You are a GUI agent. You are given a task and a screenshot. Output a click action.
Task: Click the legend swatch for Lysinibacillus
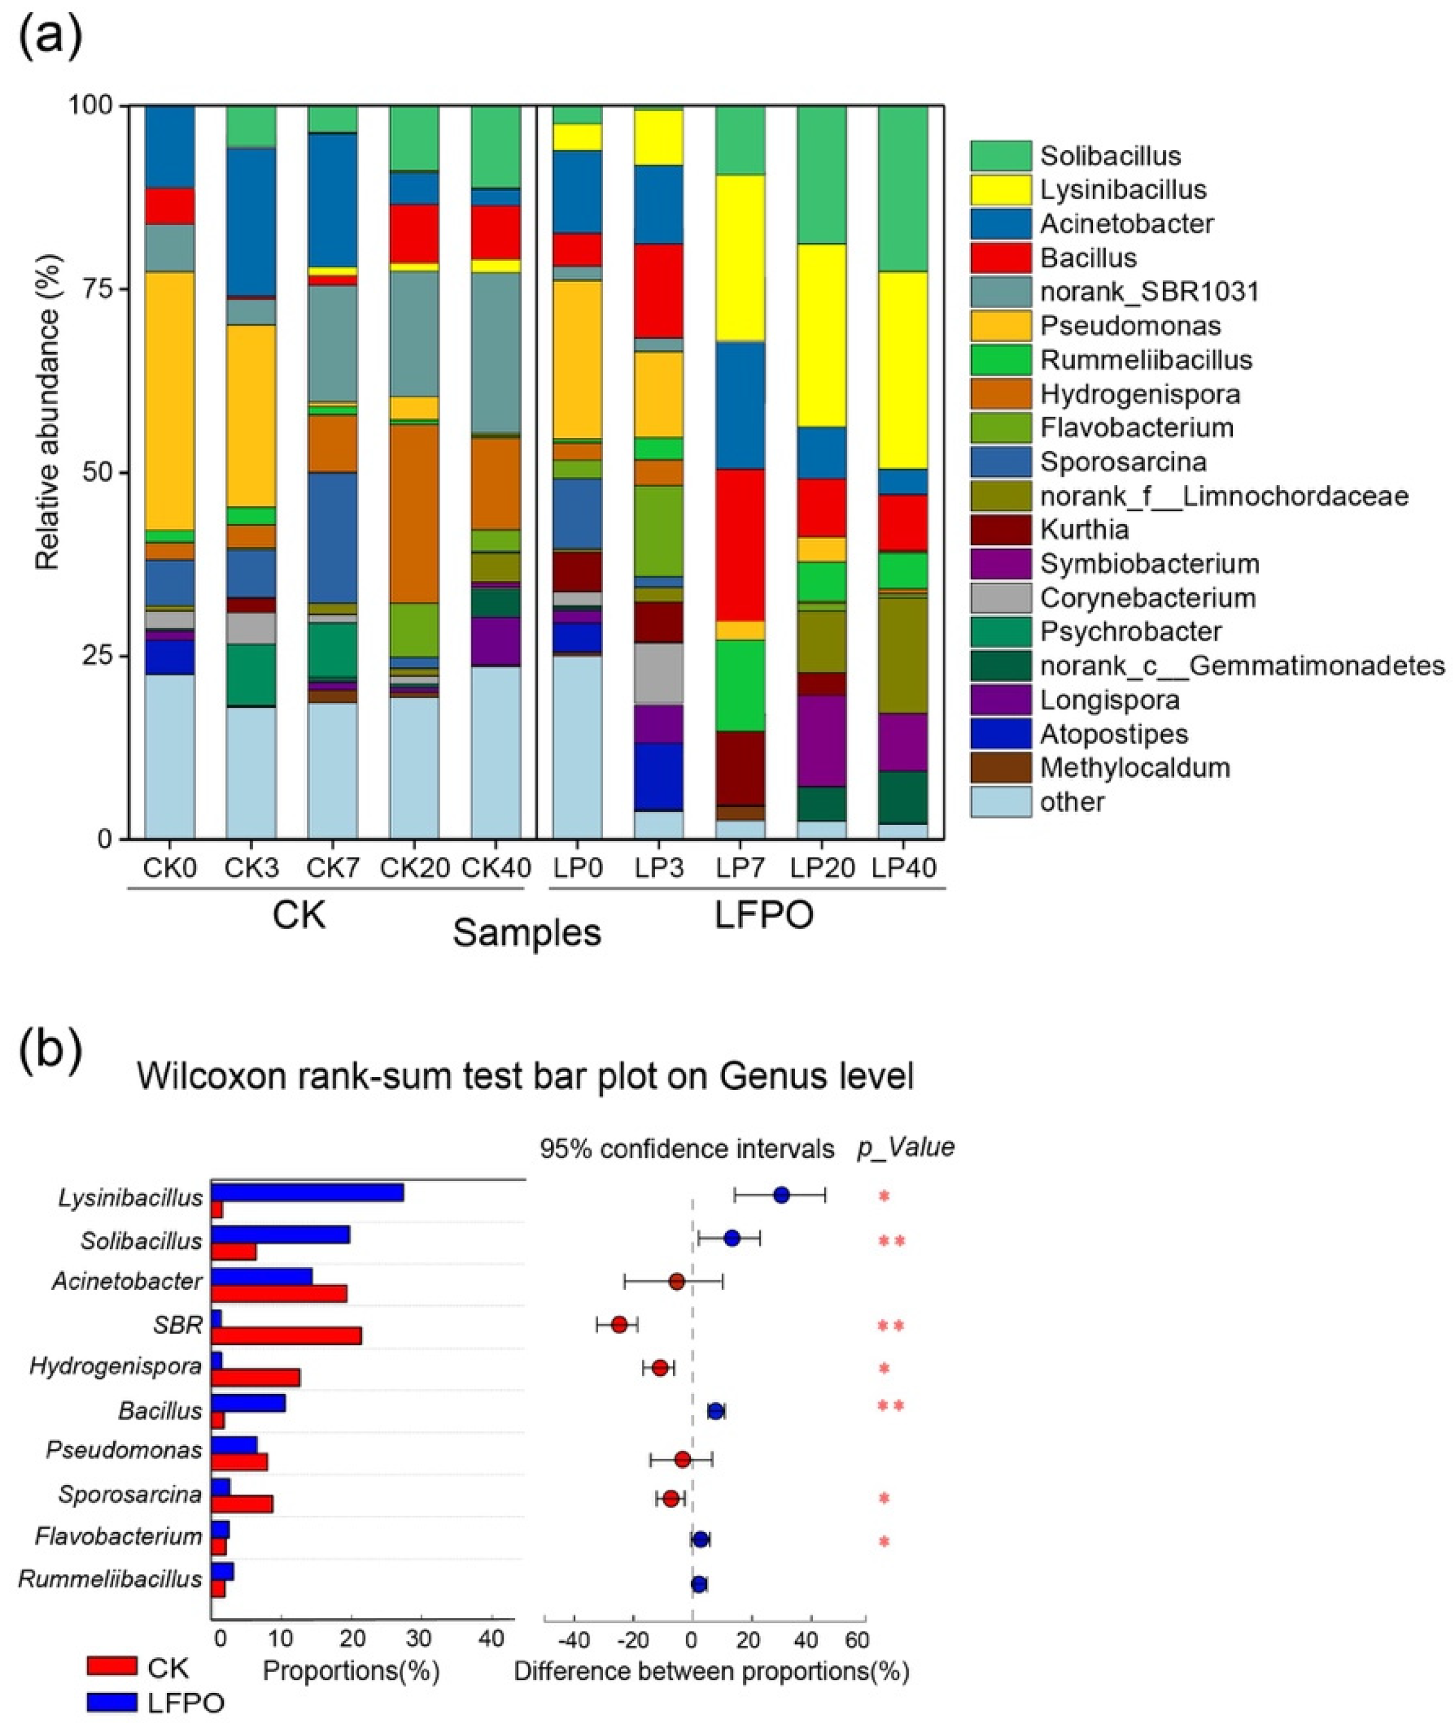click(x=1000, y=190)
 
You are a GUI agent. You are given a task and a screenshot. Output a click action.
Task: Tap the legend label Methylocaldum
click(x=1135, y=768)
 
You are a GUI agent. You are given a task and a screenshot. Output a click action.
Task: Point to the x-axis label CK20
click(x=415, y=868)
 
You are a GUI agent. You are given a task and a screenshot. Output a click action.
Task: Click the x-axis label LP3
click(x=659, y=868)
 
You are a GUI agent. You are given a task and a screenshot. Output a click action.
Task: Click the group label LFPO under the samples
click(x=763, y=915)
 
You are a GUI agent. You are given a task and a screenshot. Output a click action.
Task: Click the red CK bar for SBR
click(x=286, y=1336)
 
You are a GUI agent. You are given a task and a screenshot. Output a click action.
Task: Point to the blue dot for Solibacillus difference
click(x=730, y=1239)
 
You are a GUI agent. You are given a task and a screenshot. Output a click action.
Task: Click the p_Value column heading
click(x=905, y=1147)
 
